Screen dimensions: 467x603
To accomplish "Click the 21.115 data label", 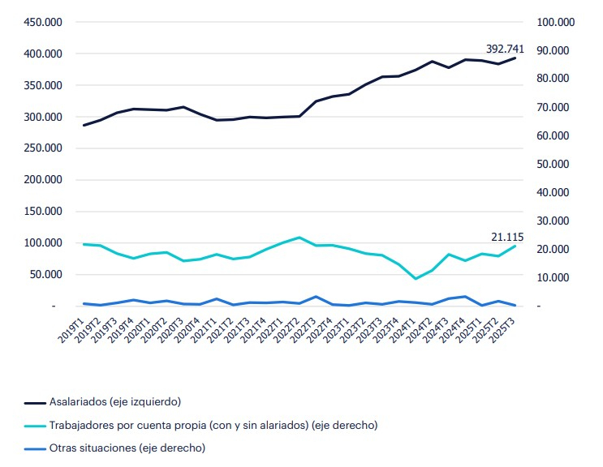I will tap(507, 237).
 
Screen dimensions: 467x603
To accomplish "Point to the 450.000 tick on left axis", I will tap(41, 22).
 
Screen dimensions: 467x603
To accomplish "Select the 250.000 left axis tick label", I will tap(41, 148).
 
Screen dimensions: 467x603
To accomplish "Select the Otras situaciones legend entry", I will tap(127, 447).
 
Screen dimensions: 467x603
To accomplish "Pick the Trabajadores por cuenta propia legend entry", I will tap(213, 424).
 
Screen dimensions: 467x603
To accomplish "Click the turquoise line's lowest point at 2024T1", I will tap(416, 279).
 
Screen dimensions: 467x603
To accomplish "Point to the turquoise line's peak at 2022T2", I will tap(299, 238).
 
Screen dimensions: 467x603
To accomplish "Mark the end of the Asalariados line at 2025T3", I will tap(515, 58).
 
